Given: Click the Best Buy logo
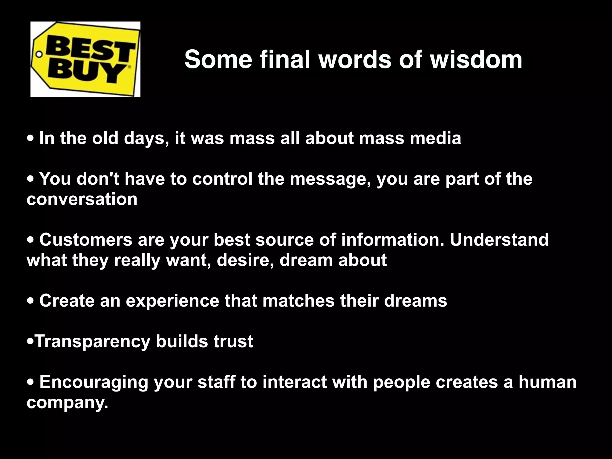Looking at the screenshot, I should pos(85,59).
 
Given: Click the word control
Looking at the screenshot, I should pos(222,179).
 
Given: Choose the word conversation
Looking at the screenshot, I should pos(82,199).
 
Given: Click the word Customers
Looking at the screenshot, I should pos(86,240).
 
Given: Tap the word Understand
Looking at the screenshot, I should pos(499,240).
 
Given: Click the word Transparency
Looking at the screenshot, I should pos(93,342).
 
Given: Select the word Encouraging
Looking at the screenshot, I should pos(94,382).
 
